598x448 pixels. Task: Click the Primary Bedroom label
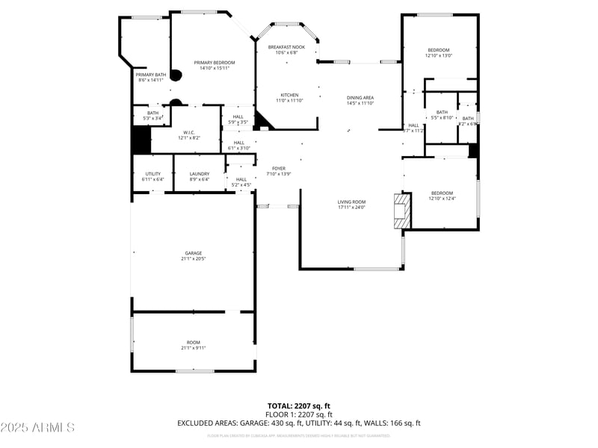(x=215, y=62)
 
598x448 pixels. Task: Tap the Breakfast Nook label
(x=287, y=47)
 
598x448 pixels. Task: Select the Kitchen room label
(x=289, y=95)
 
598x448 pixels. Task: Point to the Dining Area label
(x=360, y=98)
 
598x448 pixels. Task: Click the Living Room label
(x=351, y=202)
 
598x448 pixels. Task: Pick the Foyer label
(x=279, y=169)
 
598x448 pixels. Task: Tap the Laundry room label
(x=200, y=174)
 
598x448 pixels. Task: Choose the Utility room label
(x=152, y=174)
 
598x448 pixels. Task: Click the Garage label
(x=194, y=253)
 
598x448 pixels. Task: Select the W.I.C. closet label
(x=188, y=132)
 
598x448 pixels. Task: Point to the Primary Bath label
(x=150, y=75)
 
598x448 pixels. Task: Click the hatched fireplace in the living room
(x=402, y=211)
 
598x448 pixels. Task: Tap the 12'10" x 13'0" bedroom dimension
(x=439, y=55)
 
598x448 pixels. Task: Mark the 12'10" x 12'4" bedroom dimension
(x=441, y=199)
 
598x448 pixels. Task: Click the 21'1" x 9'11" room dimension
(x=194, y=348)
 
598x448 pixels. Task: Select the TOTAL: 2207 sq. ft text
(x=299, y=406)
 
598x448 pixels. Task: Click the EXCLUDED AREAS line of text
(x=299, y=423)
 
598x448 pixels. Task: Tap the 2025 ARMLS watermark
(x=37, y=427)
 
